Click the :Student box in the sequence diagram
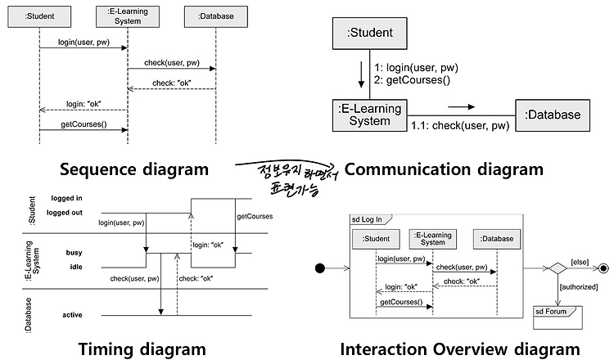point(39,16)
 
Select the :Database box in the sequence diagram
point(216,16)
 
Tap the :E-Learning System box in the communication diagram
point(370,115)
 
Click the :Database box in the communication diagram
point(553,115)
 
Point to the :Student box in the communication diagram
point(370,34)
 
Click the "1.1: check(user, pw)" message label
point(460,126)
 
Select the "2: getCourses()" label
point(412,80)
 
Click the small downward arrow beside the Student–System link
point(361,73)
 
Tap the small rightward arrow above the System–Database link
point(461,107)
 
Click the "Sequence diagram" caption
point(134,169)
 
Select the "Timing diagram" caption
point(142,349)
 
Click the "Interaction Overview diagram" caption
point(460,349)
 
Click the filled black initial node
point(320,268)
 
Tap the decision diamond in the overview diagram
point(558,268)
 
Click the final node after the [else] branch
point(604,268)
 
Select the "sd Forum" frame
point(558,317)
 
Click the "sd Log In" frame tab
point(370,219)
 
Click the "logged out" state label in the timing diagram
point(65,213)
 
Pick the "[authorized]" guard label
point(579,287)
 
